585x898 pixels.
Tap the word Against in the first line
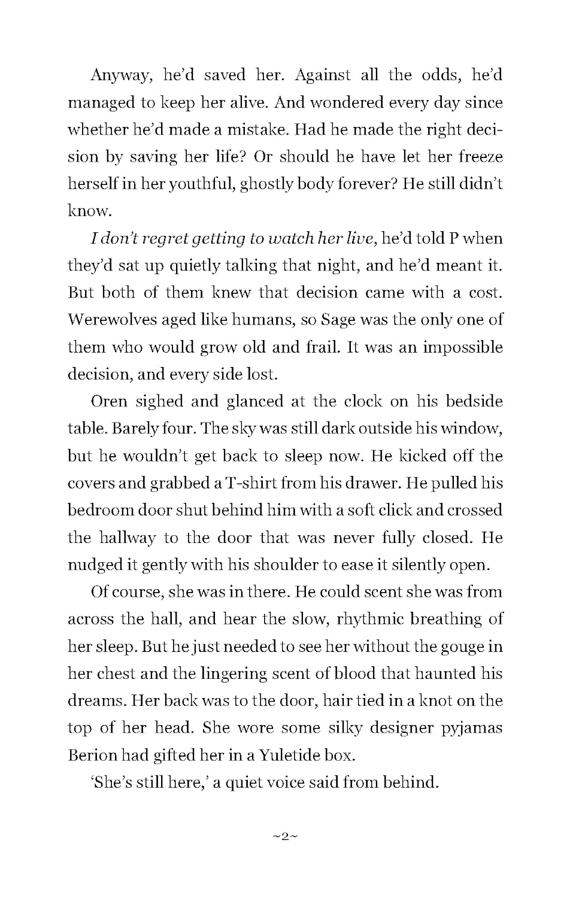pos(323,75)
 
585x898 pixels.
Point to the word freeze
pos(480,157)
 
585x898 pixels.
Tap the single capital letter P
pos(454,238)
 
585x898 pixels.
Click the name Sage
pos(338,320)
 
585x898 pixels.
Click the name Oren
pos(108,401)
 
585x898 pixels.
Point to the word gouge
pos(465,647)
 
